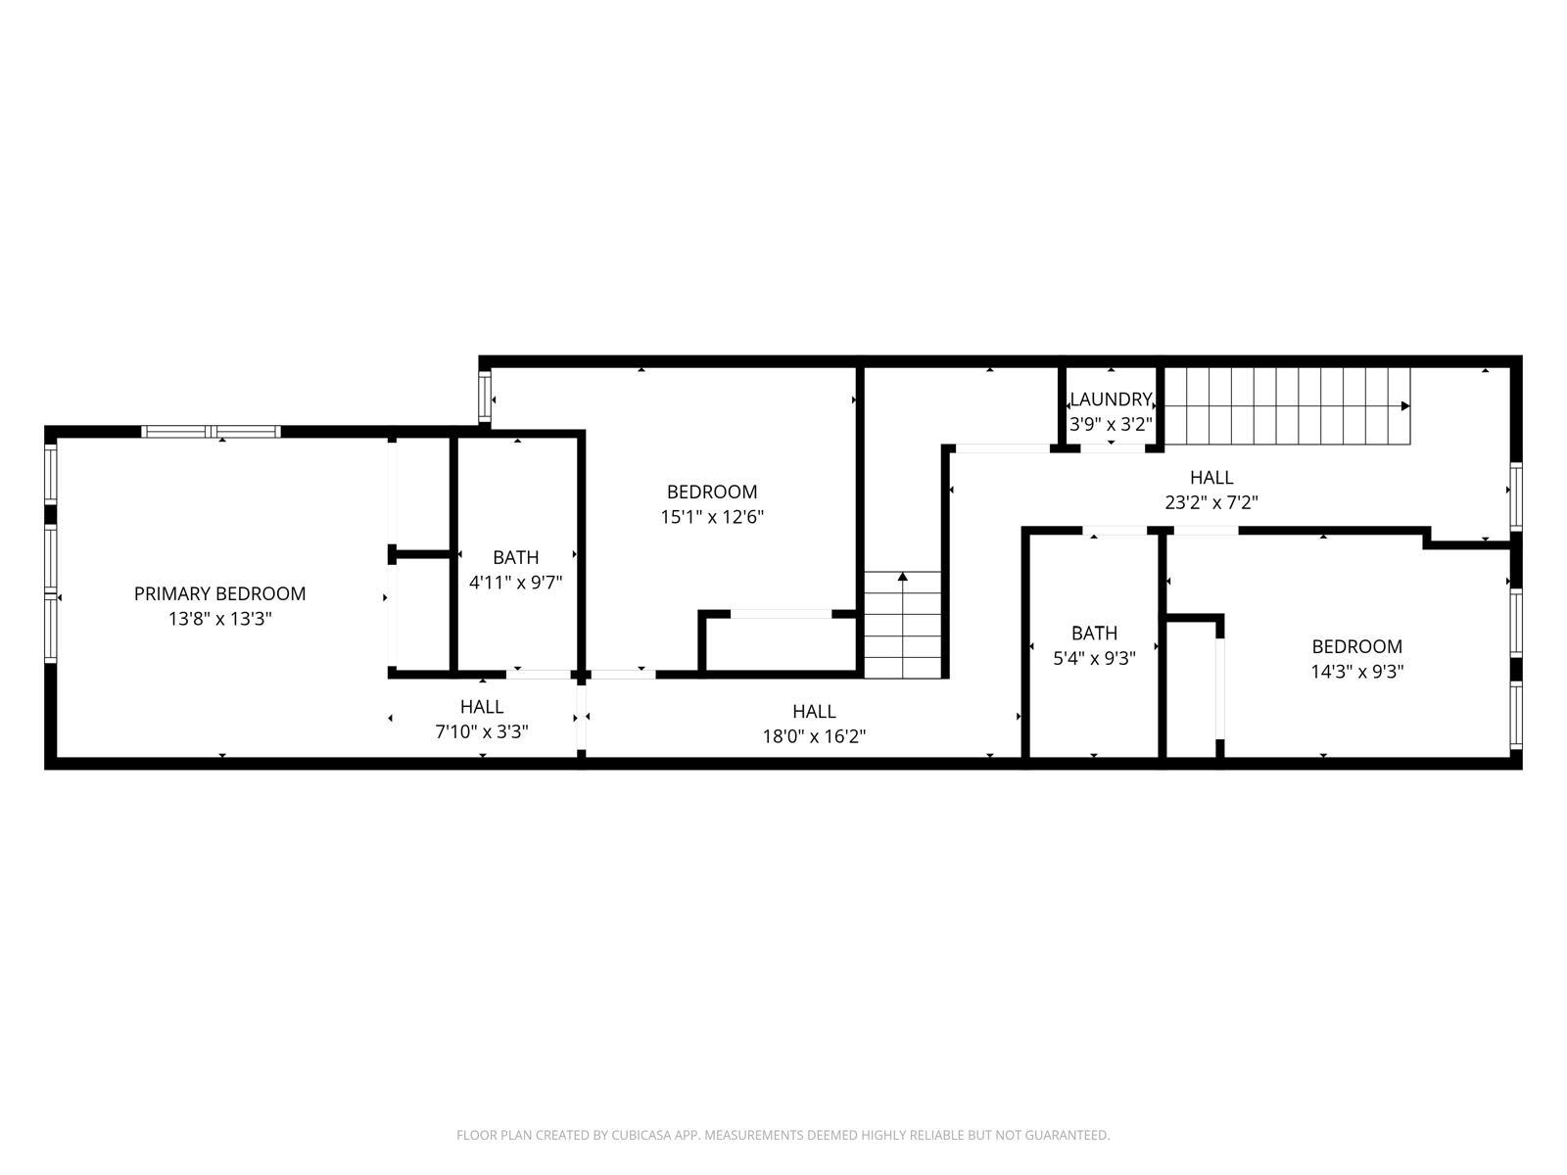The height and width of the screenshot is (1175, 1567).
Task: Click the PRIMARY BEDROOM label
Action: click(x=219, y=593)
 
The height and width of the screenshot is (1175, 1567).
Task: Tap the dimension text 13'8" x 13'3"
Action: click(x=219, y=619)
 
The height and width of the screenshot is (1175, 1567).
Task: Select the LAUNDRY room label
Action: click(x=1111, y=399)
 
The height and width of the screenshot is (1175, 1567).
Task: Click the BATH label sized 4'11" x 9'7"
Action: click(x=515, y=557)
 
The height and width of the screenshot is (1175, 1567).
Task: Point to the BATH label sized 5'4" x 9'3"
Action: click(x=1094, y=633)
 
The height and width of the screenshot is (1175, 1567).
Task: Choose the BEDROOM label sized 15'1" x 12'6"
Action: click(x=712, y=492)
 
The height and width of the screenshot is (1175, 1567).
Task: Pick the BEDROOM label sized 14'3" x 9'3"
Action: click(x=1356, y=646)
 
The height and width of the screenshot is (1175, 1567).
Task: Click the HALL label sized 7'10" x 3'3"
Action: click(x=482, y=707)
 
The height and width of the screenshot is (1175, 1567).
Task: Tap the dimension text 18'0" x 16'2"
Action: click(x=814, y=736)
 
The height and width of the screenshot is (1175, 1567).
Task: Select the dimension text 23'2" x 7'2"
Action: click(x=1211, y=502)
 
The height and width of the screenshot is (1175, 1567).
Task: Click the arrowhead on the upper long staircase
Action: click(x=1405, y=405)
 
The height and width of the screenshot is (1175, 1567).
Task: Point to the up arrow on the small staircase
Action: click(x=902, y=578)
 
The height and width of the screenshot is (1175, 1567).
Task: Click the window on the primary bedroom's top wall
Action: click(x=211, y=432)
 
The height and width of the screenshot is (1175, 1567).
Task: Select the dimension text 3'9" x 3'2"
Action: click(x=1111, y=424)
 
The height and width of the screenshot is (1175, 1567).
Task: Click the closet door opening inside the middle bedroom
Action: click(x=782, y=614)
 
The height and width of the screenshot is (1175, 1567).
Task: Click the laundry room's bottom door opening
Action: click(x=1112, y=448)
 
